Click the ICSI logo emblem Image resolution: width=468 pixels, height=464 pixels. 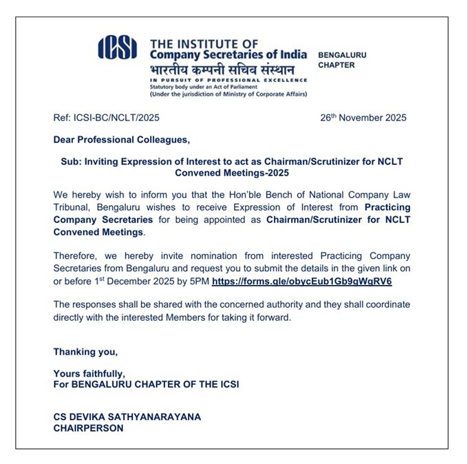[123, 48]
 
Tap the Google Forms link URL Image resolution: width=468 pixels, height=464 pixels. [302, 282]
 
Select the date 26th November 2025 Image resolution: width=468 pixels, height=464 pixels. [363, 117]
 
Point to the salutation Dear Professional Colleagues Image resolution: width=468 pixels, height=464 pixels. [121, 140]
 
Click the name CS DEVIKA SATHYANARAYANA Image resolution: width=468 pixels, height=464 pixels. [127, 417]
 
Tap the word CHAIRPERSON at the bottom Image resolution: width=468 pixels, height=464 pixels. [88, 428]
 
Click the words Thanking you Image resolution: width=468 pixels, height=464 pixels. [85, 352]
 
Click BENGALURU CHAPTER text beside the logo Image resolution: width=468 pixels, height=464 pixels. [342, 60]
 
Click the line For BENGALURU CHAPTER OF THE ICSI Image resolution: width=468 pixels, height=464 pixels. [146, 384]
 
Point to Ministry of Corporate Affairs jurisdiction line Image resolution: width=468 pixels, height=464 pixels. [228, 94]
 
